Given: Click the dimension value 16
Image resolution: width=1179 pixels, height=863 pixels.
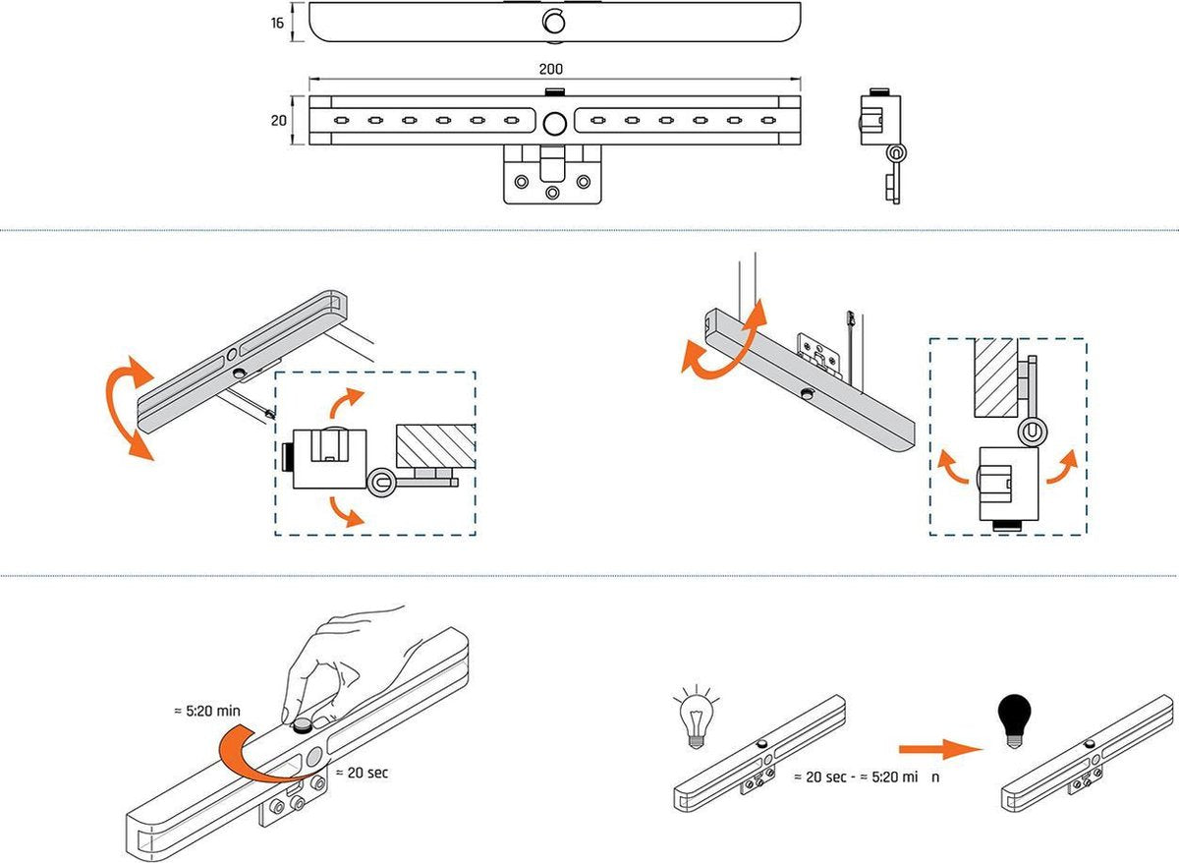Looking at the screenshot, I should tap(278, 22).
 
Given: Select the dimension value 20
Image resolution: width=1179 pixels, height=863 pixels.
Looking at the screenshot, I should tap(278, 120).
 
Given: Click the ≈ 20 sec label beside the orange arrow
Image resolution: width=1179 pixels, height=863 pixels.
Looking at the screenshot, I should tap(362, 773).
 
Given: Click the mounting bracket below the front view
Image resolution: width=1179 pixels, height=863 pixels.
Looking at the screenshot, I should tap(552, 177).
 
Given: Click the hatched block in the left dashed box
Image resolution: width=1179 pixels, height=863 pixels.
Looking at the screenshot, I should tap(435, 446).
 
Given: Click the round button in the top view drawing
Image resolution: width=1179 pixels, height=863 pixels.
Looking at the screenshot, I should tap(554, 22).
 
